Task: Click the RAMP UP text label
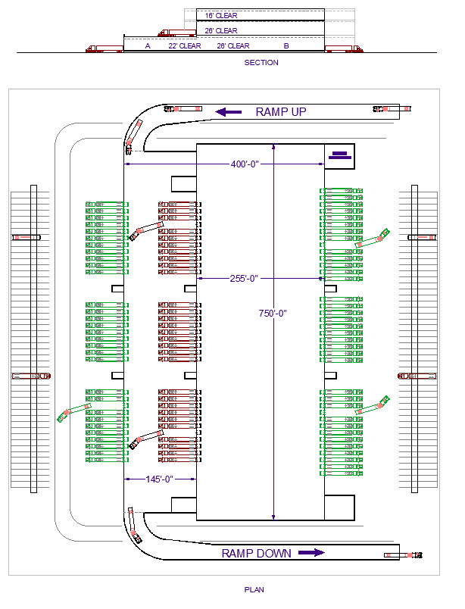(x=280, y=111)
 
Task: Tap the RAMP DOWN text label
(x=256, y=554)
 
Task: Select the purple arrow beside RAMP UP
(x=229, y=111)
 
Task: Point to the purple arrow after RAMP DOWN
(x=311, y=553)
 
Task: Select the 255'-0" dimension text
(x=244, y=279)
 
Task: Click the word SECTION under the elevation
(x=261, y=63)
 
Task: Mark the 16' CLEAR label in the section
(x=221, y=15)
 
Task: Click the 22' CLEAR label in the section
(x=185, y=46)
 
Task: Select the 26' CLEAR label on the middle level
(x=221, y=31)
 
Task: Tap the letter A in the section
(x=148, y=46)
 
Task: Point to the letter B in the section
(x=286, y=46)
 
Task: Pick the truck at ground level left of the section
(x=105, y=49)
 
